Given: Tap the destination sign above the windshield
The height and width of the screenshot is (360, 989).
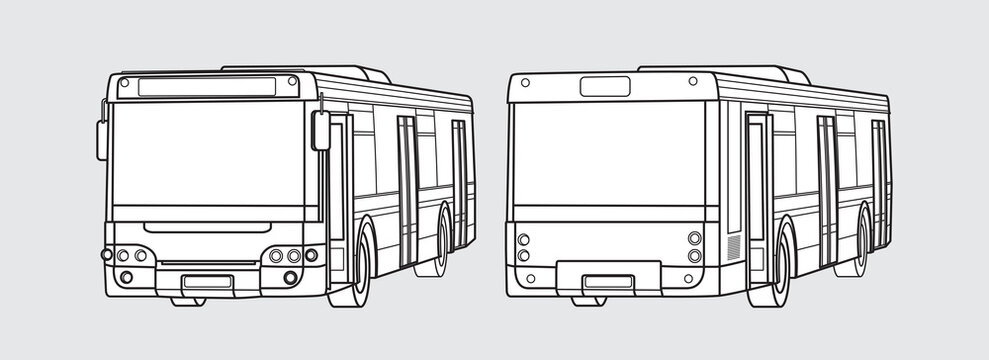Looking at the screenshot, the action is (205, 88).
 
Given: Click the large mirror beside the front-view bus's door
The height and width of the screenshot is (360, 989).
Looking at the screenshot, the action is (321, 131).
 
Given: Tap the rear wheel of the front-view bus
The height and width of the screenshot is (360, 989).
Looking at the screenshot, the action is (443, 242).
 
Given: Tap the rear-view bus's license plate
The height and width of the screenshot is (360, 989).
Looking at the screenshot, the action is (607, 281).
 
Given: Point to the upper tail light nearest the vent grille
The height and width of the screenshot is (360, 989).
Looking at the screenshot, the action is (694, 238).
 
